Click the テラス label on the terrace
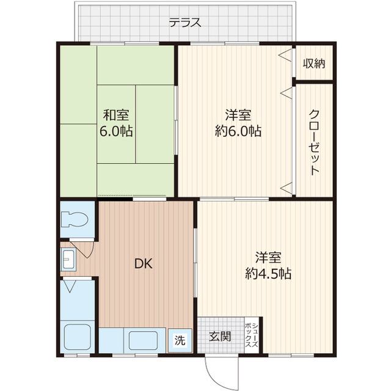click(185, 23)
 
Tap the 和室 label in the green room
click(116, 115)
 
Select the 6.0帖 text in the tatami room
click(116, 131)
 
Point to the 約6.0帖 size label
click(238, 131)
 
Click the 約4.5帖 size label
click(268, 274)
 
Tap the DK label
click(144, 263)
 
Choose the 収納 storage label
click(314, 64)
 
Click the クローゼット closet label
click(314, 142)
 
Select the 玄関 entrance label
click(220, 337)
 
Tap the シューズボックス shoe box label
click(252, 335)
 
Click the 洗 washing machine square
click(180, 340)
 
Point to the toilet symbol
click(75, 219)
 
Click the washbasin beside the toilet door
click(68, 259)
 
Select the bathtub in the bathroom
click(78, 337)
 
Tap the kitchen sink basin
click(144, 341)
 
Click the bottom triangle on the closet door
click(286, 188)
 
